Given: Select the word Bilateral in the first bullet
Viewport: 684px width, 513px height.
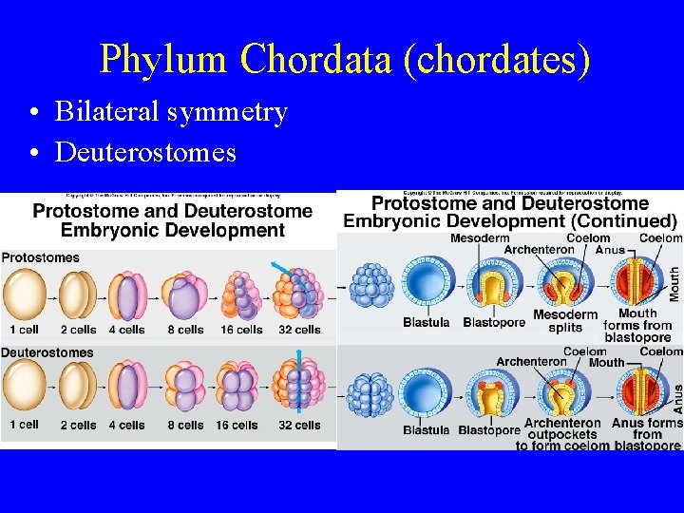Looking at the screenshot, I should tap(105, 112).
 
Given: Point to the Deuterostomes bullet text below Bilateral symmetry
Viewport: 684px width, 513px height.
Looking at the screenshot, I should tap(145, 152).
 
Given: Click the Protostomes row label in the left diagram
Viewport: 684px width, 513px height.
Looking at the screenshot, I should tap(41, 257).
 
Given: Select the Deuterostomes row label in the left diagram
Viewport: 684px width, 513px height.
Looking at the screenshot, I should tap(47, 352).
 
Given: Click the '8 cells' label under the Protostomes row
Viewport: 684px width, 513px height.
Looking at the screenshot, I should tap(184, 330).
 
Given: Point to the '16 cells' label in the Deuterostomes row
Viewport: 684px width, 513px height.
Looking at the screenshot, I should tap(236, 425).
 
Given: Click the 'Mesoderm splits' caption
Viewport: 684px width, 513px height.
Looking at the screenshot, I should tap(565, 321).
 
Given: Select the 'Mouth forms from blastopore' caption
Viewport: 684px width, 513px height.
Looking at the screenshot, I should tap(636, 325).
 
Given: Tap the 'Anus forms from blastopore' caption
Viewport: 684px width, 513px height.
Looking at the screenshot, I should tap(647, 434).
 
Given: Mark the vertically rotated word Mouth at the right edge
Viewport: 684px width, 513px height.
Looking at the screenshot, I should tap(674, 283).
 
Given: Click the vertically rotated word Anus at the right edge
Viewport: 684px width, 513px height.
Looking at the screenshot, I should tap(676, 396).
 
